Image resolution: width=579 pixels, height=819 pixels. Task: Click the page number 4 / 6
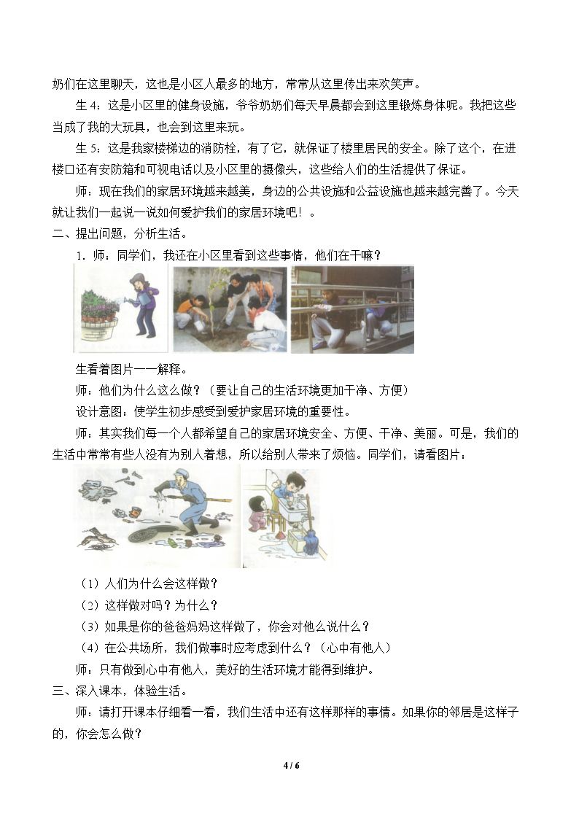[292, 766]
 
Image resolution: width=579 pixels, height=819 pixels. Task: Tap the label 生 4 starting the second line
[88, 105]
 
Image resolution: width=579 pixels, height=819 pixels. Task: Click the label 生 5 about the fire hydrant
[88, 148]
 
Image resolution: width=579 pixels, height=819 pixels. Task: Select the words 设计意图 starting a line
[98, 411]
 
